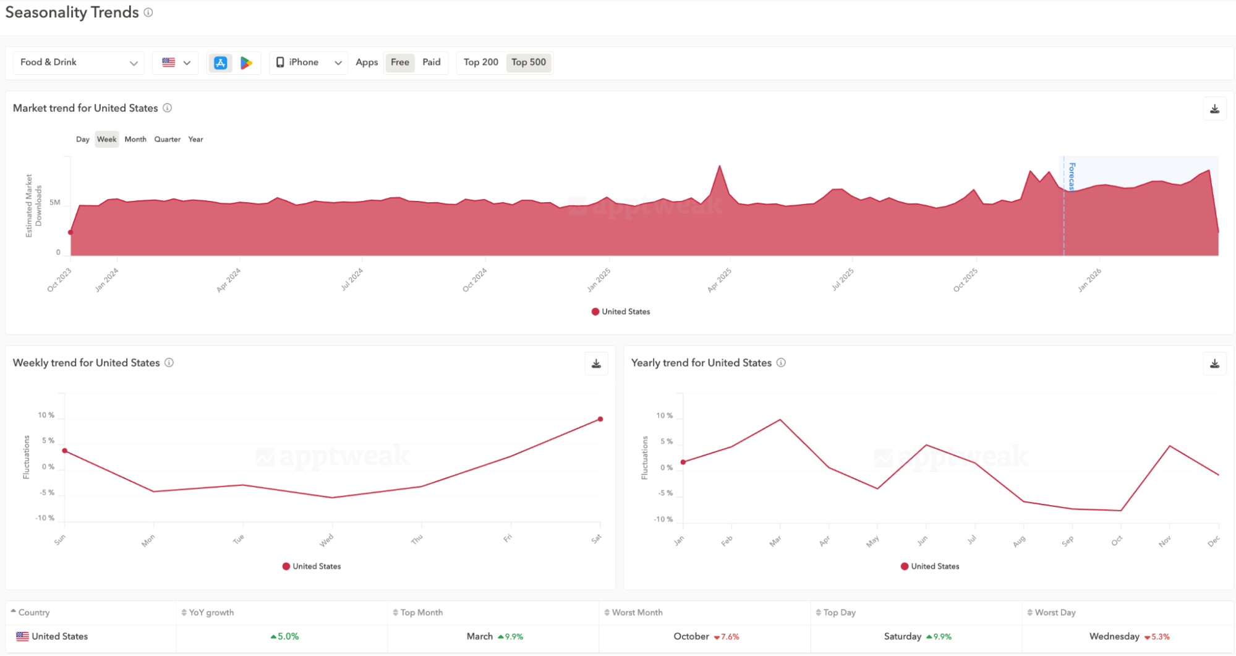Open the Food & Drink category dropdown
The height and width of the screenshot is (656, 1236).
[x=79, y=62]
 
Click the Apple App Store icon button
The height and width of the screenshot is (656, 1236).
[x=220, y=62]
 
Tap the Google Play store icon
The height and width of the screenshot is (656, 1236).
[x=246, y=62]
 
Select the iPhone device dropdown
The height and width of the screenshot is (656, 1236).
[x=309, y=62]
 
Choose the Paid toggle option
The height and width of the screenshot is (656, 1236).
[x=431, y=62]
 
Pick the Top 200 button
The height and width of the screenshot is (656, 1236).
[x=480, y=62]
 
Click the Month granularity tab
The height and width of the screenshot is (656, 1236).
[x=135, y=139]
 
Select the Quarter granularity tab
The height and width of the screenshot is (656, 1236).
[x=167, y=139]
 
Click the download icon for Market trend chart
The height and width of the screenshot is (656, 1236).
[x=1214, y=109]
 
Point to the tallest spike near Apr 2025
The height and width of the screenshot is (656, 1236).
[x=719, y=166]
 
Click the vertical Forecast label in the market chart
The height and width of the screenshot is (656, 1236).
[x=1072, y=177]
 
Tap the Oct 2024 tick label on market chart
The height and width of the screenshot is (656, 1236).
[x=475, y=280]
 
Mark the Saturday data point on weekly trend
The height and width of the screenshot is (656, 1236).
[x=600, y=419]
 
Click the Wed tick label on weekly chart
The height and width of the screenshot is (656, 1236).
[x=326, y=540]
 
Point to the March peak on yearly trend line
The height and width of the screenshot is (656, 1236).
[x=780, y=420]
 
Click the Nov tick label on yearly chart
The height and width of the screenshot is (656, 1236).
[x=1165, y=542]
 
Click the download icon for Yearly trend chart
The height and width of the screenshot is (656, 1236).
[x=1214, y=364]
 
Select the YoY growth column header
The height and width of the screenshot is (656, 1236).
[x=211, y=612]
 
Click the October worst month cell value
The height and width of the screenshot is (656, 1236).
[x=691, y=636]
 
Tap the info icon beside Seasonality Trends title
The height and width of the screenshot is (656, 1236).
[x=148, y=12]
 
